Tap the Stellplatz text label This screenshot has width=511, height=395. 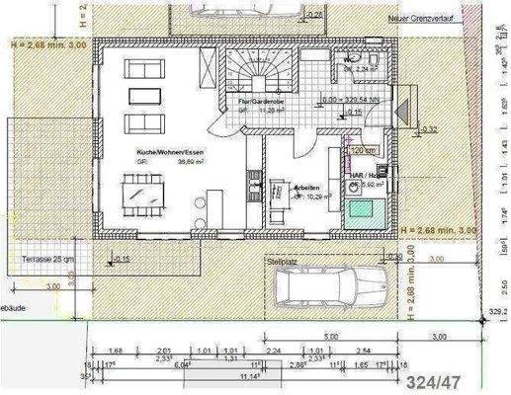tap(283, 261)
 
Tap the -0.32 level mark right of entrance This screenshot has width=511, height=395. tap(429, 128)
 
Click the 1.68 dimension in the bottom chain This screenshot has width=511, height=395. tap(116, 349)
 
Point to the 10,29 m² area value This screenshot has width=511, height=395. tap(317, 196)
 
